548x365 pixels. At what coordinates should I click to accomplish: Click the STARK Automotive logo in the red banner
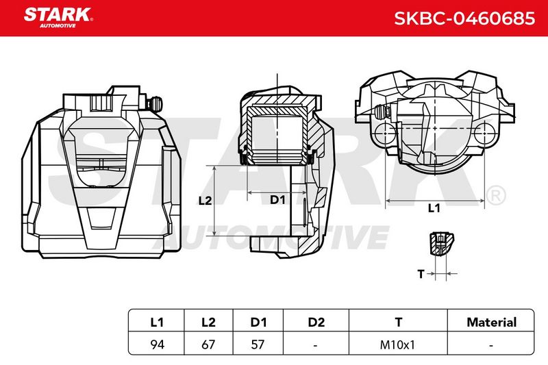coord(58,18)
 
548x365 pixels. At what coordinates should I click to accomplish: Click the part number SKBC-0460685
coord(464,18)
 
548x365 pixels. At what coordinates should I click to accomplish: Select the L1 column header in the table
coord(157,322)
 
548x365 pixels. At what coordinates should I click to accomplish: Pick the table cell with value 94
coord(157,344)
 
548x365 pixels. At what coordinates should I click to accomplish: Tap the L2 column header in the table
coord(208,322)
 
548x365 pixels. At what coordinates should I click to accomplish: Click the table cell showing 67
coord(208,344)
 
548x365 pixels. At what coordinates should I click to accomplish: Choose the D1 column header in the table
coord(258,322)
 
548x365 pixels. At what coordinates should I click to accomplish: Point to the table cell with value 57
coord(258,344)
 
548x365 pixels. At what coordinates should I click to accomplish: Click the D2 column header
coord(316,322)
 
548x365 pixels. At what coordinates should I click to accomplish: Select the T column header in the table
coord(399,322)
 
